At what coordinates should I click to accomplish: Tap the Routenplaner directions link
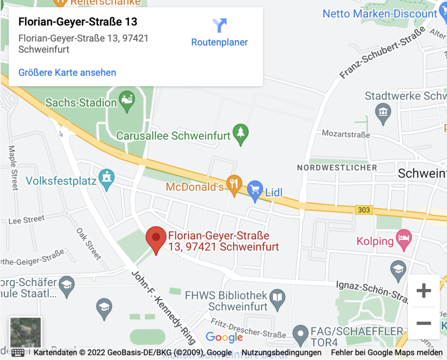[x=220, y=32]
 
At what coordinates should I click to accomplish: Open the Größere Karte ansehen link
[x=67, y=72]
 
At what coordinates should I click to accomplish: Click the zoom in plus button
[x=423, y=291]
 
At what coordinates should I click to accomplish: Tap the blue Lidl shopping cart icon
[x=255, y=190]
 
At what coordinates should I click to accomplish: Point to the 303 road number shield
[x=364, y=210]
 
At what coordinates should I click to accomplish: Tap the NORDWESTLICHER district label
[x=337, y=167]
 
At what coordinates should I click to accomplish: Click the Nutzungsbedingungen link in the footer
[x=281, y=353]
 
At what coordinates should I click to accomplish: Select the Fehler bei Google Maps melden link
[x=387, y=353]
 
